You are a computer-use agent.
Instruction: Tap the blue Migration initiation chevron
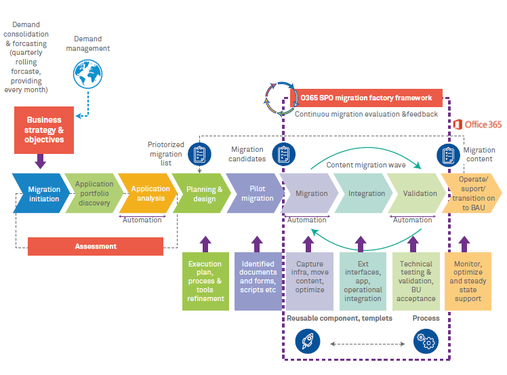click(42, 194)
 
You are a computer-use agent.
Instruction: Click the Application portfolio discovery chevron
click(94, 194)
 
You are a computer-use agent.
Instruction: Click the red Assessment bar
click(96, 246)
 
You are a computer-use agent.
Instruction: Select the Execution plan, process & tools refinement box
click(205, 281)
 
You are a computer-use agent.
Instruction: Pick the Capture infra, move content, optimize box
click(309, 281)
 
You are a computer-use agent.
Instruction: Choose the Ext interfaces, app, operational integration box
click(362, 281)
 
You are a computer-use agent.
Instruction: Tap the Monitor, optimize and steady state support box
click(467, 281)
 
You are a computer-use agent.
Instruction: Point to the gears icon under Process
click(426, 340)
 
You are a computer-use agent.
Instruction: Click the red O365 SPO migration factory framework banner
click(366, 98)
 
